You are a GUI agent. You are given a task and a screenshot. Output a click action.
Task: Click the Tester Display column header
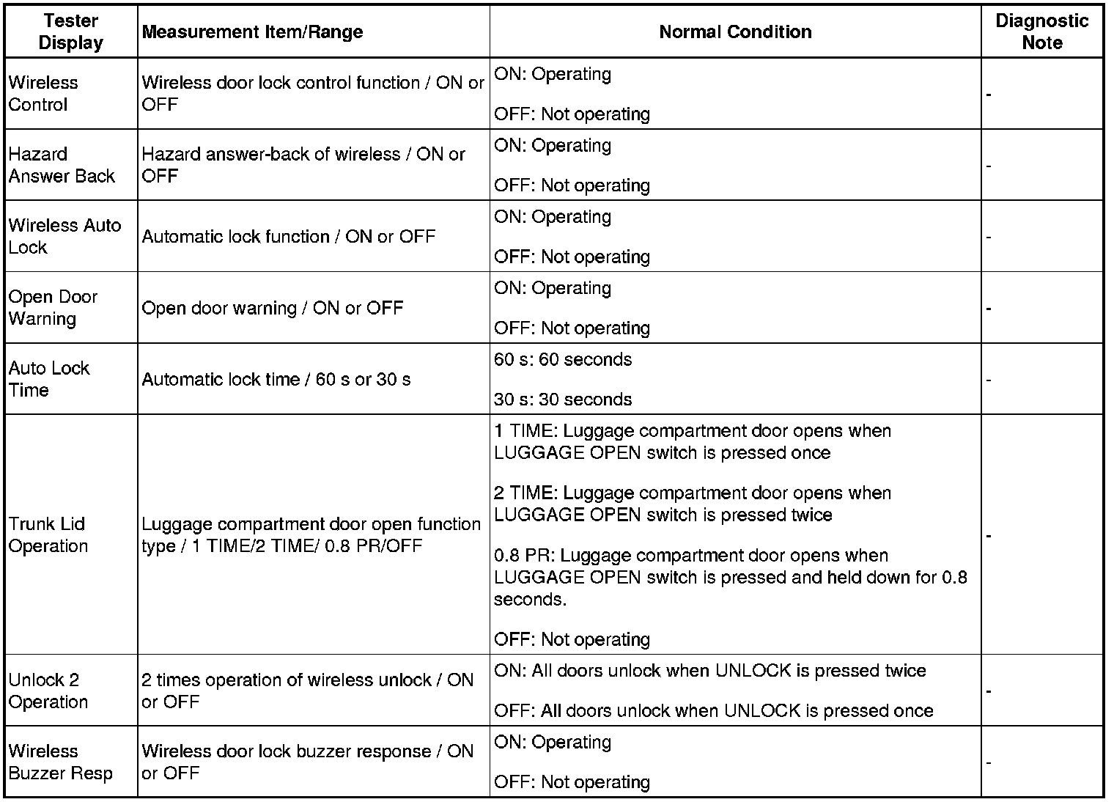pyautogui.click(x=70, y=32)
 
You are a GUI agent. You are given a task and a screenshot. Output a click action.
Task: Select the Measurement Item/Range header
pyautogui.click(x=252, y=32)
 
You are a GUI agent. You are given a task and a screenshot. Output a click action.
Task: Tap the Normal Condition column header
pyautogui.click(x=735, y=32)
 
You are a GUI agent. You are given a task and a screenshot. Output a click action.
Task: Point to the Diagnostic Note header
pyautogui.click(x=1041, y=32)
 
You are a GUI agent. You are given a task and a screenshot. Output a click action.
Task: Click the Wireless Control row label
pyautogui.click(x=43, y=94)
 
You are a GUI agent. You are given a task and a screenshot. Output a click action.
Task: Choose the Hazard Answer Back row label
pyautogui.click(x=62, y=165)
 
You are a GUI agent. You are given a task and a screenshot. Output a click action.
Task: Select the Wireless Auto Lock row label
pyautogui.click(x=64, y=236)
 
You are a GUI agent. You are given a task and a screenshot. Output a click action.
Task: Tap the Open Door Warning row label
pyautogui.click(x=53, y=308)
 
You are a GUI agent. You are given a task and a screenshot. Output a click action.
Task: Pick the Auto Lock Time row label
pyautogui.click(x=48, y=379)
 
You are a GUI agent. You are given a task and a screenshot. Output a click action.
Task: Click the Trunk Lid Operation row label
pyautogui.click(x=48, y=535)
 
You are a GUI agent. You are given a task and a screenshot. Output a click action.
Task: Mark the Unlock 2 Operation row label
pyautogui.click(x=48, y=691)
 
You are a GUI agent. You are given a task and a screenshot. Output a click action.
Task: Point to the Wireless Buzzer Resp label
pyautogui.click(x=60, y=762)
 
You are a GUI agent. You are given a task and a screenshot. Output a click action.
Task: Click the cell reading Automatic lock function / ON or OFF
pyautogui.click(x=288, y=237)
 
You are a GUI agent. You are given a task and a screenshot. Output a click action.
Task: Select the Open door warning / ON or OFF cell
pyautogui.click(x=272, y=308)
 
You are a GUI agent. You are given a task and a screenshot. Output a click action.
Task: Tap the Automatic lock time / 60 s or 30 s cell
pyautogui.click(x=276, y=380)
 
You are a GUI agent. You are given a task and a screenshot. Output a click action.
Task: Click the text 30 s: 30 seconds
pyautogui.click(x=562, y=400)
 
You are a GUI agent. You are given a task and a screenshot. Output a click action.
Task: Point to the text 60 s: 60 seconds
pyautogui.click(x=562, y=360)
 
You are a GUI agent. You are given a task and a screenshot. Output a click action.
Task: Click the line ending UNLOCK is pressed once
pyautogui.click(x=713, y=711)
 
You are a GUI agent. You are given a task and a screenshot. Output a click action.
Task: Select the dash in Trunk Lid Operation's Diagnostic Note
pyautogui.click(x=989, y=536)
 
